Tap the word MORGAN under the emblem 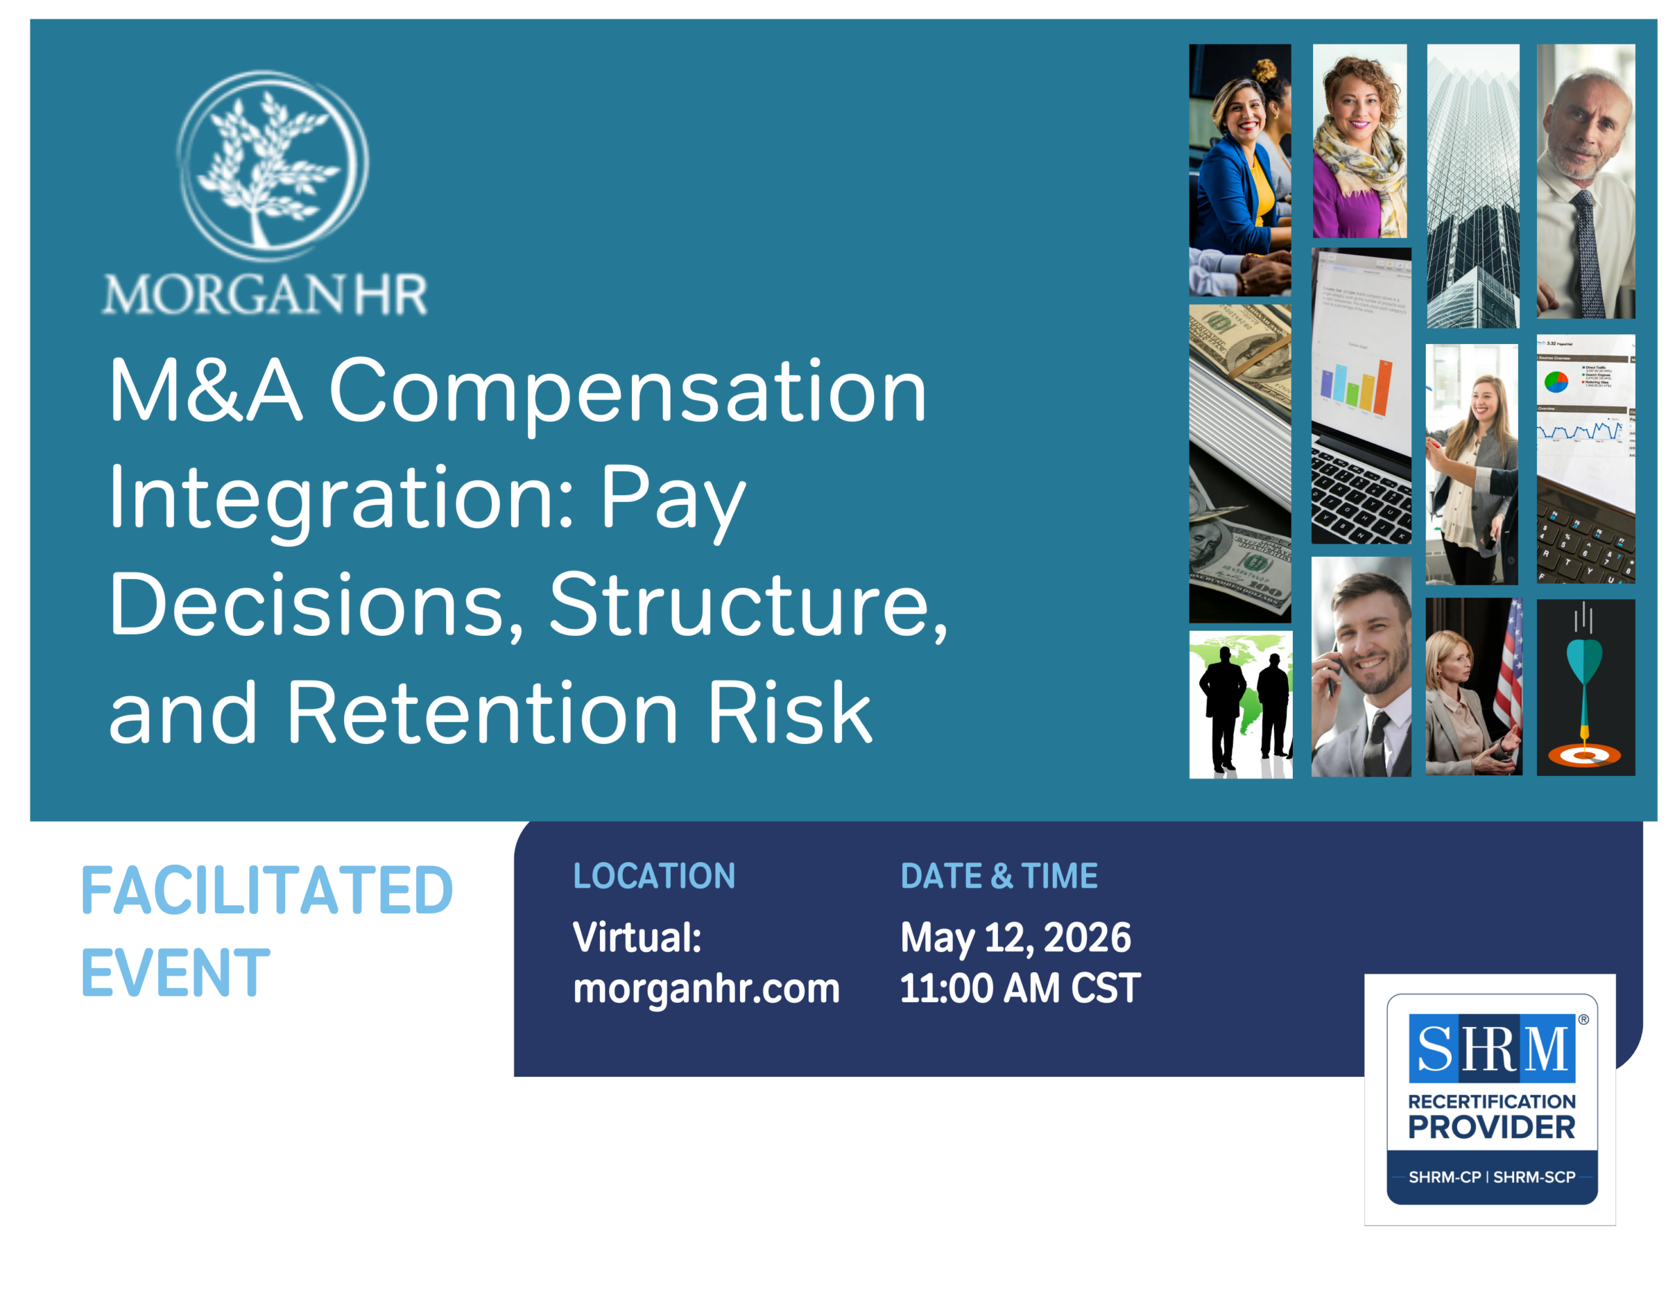coord(223,294)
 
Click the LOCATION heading coord(654,876)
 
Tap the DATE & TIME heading coord(998,876)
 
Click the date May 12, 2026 coord(1015,938)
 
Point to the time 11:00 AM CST coord(1020,988)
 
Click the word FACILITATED coord(267,890)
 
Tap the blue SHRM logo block coord(1492,1048)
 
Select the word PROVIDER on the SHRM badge coord(1492,1128)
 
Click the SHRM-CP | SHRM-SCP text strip coord(1492,1177)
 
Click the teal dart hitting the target coord(1585,675)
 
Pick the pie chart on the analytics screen coord(1556,381)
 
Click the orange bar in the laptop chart coord(1383,387)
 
